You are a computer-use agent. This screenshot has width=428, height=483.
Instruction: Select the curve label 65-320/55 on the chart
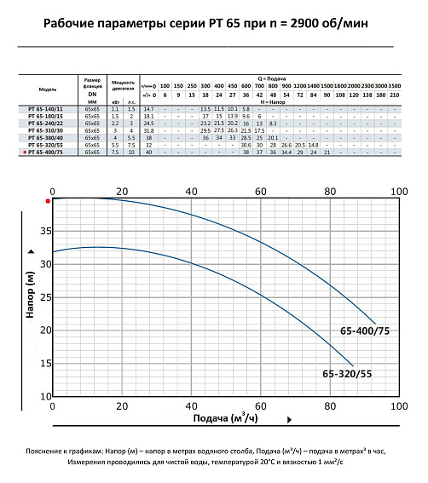(x=345, y=372)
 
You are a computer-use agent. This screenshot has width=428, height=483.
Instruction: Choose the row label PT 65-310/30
(x=49, y=130)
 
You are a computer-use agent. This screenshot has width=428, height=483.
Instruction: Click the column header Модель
(x=49, y=89)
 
